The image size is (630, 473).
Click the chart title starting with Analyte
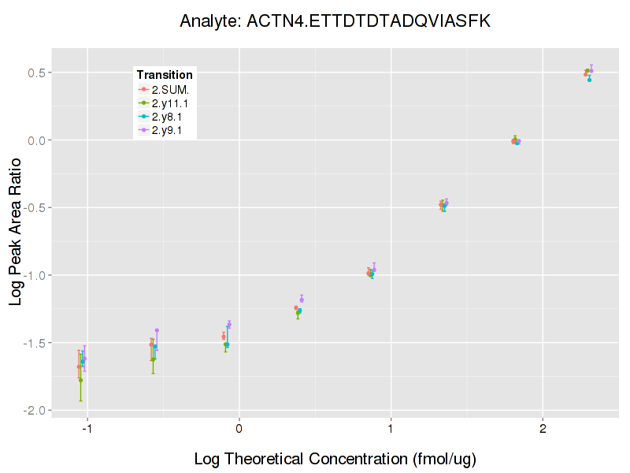click(x=335, y=21)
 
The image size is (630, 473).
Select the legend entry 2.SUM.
click(x=170, y=89)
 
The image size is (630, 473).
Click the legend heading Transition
click(x=165, y=75)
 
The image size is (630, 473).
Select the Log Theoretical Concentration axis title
click(x=335, y=458)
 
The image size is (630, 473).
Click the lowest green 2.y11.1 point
click(x=81, y=380)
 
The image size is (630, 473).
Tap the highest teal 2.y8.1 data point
click(x=589, y=80)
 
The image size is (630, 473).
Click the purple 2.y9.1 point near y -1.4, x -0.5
click(x=157, y=330)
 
